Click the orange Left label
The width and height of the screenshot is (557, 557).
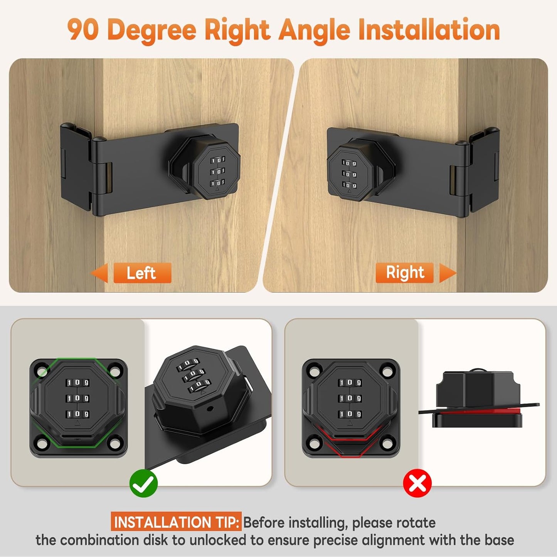[x=142, y=273]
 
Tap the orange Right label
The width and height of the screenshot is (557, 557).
[x=405, y=273]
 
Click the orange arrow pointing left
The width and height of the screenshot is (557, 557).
[x=99, y=273]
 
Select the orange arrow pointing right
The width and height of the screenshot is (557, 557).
[x=447, y=273]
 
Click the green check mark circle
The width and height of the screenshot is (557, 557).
[x=143, y=483]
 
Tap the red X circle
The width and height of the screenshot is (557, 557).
[x=417, y=483]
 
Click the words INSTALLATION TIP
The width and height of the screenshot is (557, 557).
[x=176, y=522]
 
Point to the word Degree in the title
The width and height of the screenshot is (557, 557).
[x=152, y=30]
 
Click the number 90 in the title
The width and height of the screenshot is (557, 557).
[x=83, y=30]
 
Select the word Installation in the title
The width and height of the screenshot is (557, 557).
[x=429, y=30]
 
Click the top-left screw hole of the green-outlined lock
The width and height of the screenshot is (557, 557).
[x=41, y=371]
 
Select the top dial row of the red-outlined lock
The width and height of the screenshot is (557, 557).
[x=350, y=383]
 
